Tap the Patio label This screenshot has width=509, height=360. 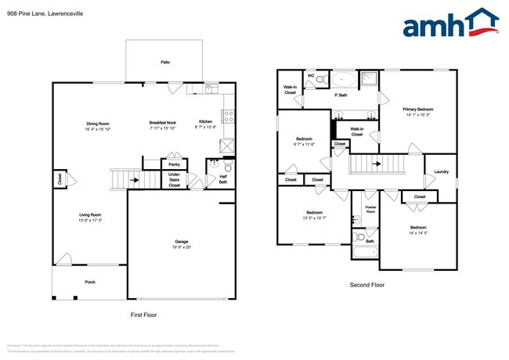(165, 62)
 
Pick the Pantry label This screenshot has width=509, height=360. (174, 164)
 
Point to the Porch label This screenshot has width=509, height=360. (91, 282)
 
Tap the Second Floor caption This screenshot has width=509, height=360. (366, 285)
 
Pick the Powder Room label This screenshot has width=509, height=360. (370, 210)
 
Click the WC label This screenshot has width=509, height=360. (311, 76)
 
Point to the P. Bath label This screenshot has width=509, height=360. (341, 95)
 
